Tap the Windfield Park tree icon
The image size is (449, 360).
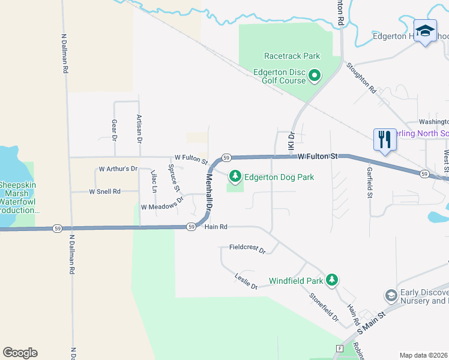331,280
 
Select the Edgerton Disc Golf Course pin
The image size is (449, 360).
315,76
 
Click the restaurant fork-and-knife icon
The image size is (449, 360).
384,139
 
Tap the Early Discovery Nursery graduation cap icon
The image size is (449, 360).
391,295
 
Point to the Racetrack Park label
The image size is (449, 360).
293,56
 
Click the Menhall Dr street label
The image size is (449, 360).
209,191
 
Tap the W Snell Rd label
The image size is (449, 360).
105,191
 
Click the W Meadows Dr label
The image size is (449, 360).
161,205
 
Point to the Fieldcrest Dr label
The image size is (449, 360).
247,249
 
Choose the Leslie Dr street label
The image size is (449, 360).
246,281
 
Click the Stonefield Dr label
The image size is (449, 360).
324,306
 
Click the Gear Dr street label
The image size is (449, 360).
114,130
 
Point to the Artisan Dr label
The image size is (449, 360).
139,128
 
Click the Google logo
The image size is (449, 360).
20,352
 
